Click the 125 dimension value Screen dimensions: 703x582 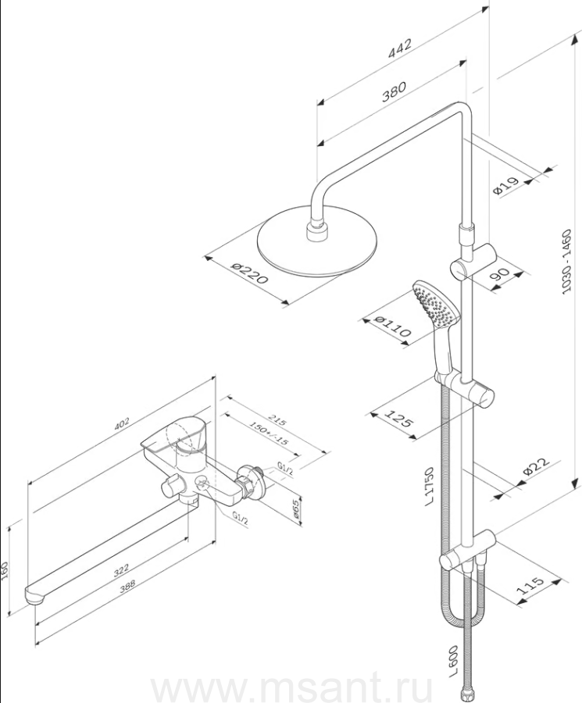(x=399, y=423)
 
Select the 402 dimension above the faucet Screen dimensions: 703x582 (x=120, y=425)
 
